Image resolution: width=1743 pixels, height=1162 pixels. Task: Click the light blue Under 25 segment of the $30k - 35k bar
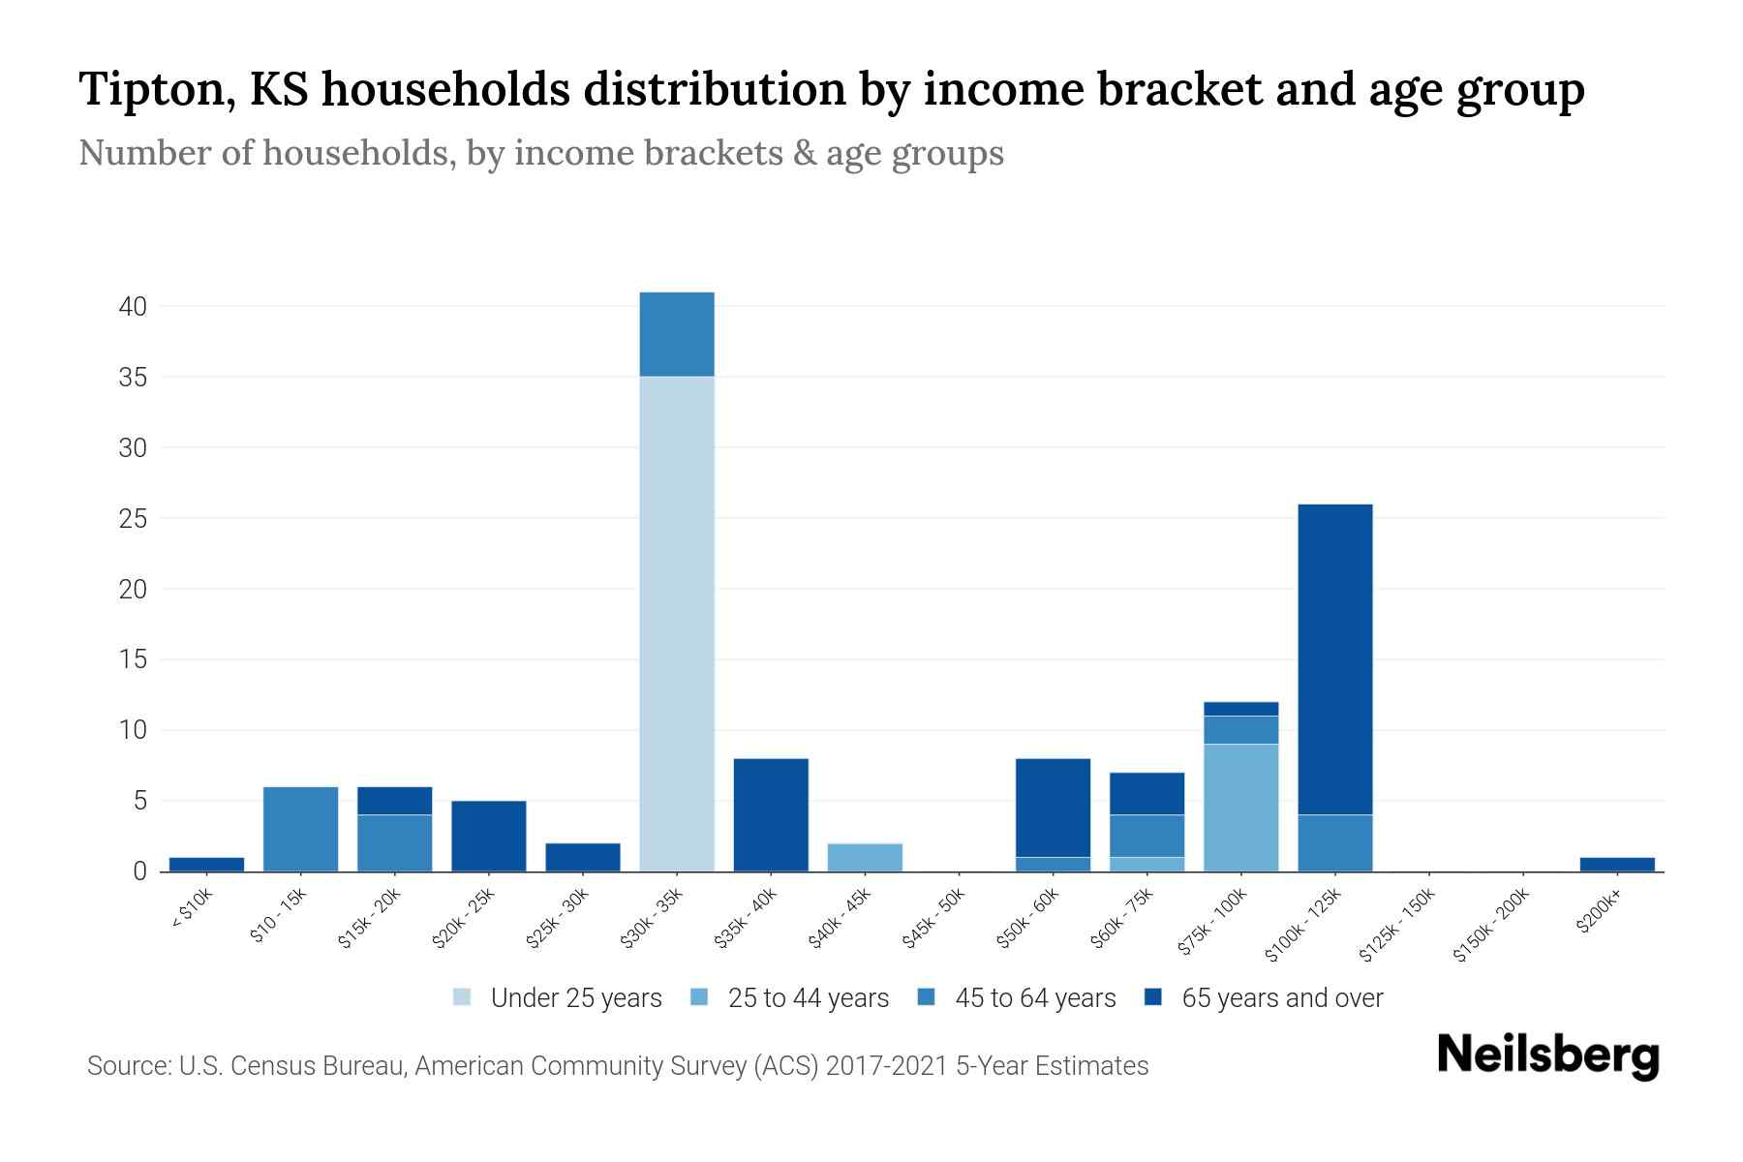click(x=677, y=624)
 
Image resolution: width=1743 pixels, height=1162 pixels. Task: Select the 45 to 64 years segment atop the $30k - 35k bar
click(x=677, y=334)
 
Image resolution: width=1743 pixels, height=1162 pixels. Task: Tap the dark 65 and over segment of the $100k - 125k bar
click(x=1335, y=659)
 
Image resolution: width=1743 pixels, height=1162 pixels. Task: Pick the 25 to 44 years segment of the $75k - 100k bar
click(x=1241, y=808)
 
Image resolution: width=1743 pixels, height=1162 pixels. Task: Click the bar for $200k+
click(x=1617, y=864)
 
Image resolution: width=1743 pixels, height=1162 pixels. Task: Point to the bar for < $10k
click(x=206, y=864)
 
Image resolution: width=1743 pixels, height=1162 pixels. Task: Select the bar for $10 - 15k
click(x=300, y=829)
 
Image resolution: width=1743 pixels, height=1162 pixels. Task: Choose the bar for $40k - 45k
click(x=865, y=857)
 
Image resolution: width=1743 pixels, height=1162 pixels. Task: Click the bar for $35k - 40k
click(x=771, y=814)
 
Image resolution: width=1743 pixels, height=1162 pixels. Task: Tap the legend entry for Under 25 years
click(x=558, y=998)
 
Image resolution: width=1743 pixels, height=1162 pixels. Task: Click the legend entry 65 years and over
click(x=1264, y=998)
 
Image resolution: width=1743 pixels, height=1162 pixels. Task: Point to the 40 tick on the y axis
click(x=133, y=307)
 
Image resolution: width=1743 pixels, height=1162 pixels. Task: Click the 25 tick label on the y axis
click(x=133, y=519)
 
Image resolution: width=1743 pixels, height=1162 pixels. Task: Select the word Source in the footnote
click(x=127, y=1066)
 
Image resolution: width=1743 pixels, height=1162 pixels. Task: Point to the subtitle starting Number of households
click(x=540, y=153)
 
